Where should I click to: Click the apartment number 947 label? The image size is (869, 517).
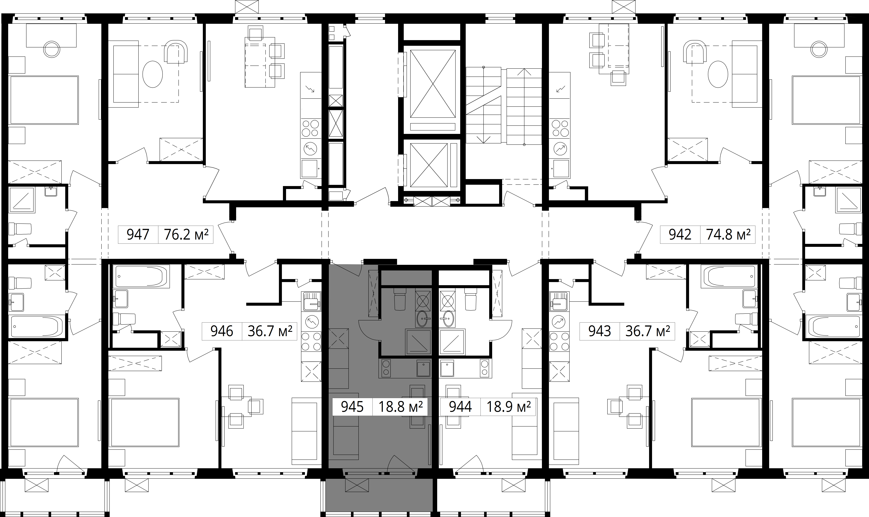(x=138, y=235)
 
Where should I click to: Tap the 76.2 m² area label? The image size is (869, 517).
(x=186, y=235)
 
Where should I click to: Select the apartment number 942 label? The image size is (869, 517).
(x=680, y=235)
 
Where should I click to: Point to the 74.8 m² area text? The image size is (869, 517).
(x=728, y=235)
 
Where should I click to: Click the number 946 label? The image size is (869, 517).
(x=222, y=331)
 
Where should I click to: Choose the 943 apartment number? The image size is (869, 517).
(x=599, y=331)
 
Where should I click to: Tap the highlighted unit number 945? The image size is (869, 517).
(x=352, y=407)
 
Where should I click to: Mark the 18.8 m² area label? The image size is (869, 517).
(x=400, y=407)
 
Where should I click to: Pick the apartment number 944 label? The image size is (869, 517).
(x=461, y=407)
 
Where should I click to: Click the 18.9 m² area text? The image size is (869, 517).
(x=509, y=407)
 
